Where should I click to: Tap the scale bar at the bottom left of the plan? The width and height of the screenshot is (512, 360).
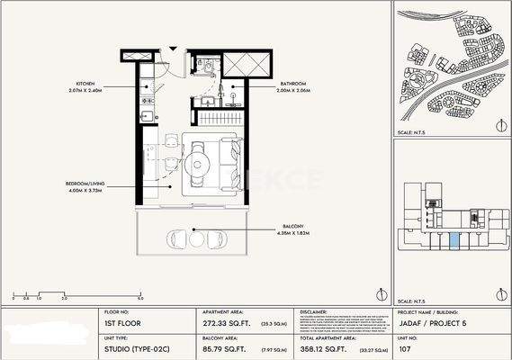(x=76, y=293)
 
